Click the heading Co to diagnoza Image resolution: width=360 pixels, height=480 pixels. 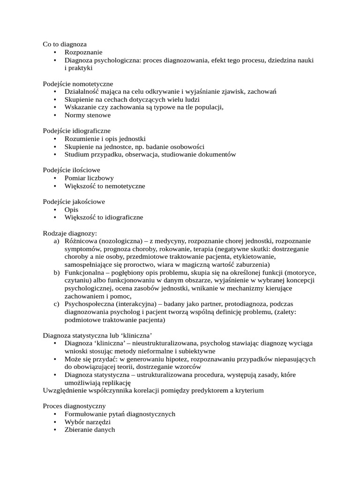(x=65, y=44)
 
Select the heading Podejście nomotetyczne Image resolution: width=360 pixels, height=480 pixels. (x=75, y=83)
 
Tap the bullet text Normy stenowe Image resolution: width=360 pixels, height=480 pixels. (x=88, y=115)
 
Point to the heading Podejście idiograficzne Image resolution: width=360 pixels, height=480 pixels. (x=77, y=131)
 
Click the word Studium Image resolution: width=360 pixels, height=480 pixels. (x=76, y=154)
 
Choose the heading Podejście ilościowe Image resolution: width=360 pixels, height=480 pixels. (x=71, y=170)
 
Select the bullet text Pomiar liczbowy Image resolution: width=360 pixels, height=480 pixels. (x=89, y=178)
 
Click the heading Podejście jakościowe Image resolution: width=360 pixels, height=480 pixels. (x=74, y=202)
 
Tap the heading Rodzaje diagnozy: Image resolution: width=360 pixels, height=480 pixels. (x=70, y=233)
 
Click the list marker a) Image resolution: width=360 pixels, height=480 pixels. (x=57, y=241)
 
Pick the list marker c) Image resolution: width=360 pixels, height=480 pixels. (x=56, y=304)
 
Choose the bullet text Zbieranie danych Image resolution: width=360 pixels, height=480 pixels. (x=90, y=430)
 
